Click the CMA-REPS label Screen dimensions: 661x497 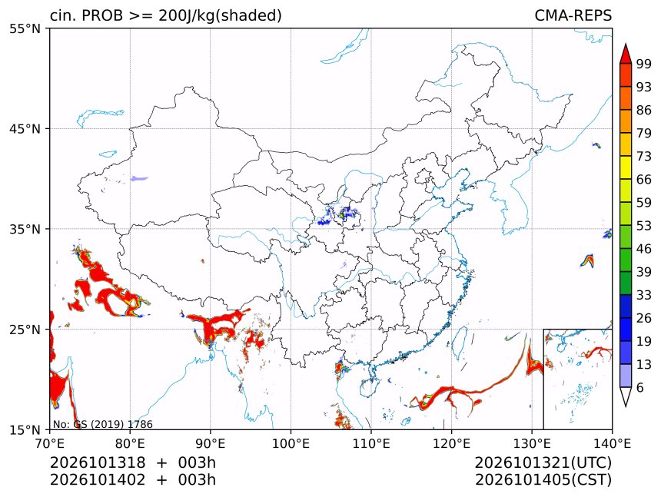tap(573, 15)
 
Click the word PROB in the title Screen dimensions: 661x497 tap(102, 15)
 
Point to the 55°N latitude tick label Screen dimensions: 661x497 tap(25, 28)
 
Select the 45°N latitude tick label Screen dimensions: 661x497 tap(25, 128)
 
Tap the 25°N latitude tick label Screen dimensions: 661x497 tap(25, 329)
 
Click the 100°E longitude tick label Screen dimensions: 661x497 tap(291, 443)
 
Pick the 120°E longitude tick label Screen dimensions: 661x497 tap(451, 443)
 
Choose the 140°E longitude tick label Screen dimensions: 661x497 tap(611, 443)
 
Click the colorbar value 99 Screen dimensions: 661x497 tap(644, 64)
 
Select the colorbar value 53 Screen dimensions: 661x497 tap(644, 226)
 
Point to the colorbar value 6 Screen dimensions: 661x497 tap(640, 387)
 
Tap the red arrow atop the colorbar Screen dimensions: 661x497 tap(626, 53)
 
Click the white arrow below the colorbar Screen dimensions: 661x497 tap(626, 397)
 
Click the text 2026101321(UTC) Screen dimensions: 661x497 tap(543, 462)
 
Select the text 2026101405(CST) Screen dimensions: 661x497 tap(543, 480)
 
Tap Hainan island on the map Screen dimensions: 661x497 tap(368, 387)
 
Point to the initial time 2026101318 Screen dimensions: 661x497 tap(98, 462)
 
